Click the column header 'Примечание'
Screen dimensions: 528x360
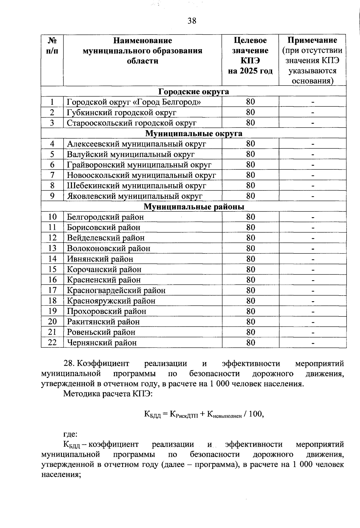[x=312, y=40]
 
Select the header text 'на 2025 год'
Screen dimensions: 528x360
[x=250, y=71]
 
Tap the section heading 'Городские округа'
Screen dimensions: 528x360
[x=193, y=91]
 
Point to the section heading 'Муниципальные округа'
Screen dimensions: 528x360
[x=193, y=133]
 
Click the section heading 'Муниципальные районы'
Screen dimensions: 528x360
[x=193, y=206]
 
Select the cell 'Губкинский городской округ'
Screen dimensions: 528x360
[x=121, y=112]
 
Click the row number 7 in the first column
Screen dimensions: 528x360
[x=52, y=175]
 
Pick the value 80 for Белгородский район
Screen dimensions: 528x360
[x=250, y=217]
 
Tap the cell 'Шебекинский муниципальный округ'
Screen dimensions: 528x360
[x=136, y=186]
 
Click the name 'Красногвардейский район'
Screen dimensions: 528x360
[x=116, y=290]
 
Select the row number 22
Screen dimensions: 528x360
[x=52, y=343]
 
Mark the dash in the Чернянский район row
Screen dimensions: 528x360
[x=313, y=343]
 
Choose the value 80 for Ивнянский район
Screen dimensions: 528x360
[x=250, y=259]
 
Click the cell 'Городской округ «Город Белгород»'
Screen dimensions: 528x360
[x=134, y=102]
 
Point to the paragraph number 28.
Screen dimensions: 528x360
[x=69, y=364]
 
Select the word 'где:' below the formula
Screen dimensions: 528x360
[x=70, y=434]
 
